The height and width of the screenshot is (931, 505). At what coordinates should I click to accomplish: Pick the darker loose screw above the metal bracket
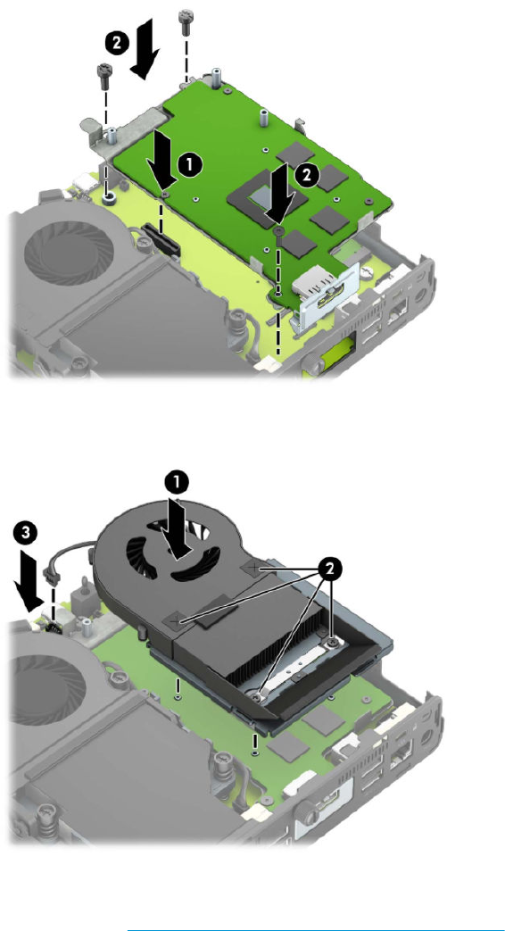(104, 74)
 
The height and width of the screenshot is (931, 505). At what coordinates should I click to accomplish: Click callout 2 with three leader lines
(331, 569)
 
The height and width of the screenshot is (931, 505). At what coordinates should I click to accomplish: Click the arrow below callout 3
(28, 580)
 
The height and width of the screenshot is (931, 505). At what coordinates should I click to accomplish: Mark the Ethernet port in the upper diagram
(396, 306)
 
